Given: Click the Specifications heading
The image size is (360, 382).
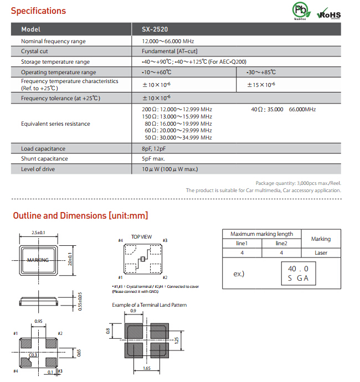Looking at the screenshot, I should pyautogui.click(x=38, y=11).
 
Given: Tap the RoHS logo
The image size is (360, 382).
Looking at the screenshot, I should pyautogui.click(x=329, y=14).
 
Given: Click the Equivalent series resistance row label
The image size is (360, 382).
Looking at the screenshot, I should pyautogui.click(x=55, y=123).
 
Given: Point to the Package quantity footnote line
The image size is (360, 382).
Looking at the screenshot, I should pyautogui.click(x=298, y=183).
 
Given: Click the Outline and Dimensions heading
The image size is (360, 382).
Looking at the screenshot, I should pyautogui.click(x=80, y=216).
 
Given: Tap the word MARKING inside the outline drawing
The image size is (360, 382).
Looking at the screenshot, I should pyautogui.click(x=38, y=260).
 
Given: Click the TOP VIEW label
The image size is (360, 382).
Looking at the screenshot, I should pyautogui.click(x=141, y=236).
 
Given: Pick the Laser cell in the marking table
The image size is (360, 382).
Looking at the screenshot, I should pyautogui.click(x=320, y=252).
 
